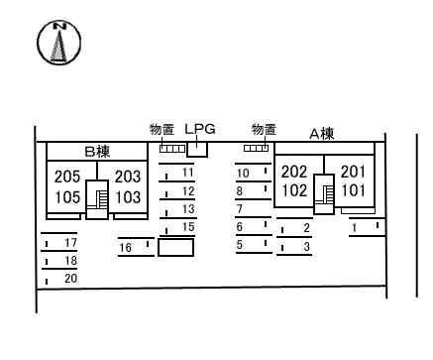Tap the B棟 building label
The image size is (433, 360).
point(95,152)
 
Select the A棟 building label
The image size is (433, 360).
point(321,134)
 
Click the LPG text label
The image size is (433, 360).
point(199,129)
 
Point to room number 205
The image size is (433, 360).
point(67,177)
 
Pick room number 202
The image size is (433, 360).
point(294,171)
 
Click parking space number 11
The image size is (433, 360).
point(188,173)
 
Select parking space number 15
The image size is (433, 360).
point(188,228)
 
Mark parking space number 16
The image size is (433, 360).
point(126,247)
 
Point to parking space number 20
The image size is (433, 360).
point(70,279)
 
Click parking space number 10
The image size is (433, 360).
point(242,173)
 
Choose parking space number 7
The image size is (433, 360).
point(240,209)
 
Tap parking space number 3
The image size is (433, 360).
point(306,246)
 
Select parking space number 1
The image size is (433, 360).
point(354,229)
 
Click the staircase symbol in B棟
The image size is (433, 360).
point(98,197)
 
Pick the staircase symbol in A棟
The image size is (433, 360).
point(324,192)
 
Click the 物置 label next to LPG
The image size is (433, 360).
point(162,129)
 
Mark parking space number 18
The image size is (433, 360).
point(70,261)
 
